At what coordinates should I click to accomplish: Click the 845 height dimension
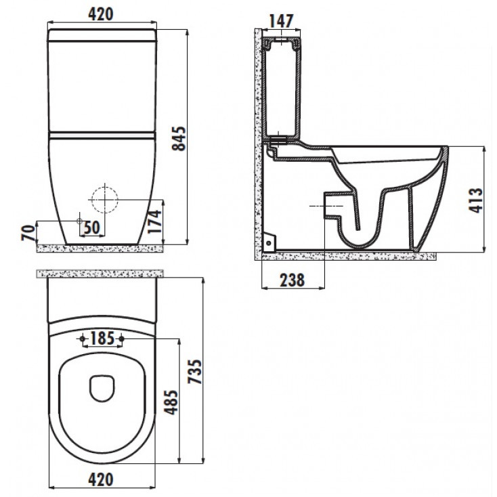[x=179, y=139]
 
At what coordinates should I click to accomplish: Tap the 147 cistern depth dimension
[x=281, y=21]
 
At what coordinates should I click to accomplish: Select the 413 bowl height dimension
[x=475, y=200]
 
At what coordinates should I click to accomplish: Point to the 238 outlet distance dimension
[x=293, y=280]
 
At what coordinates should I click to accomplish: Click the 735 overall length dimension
[x=194, y=372]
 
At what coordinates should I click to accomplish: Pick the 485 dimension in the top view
[x=171, y=402]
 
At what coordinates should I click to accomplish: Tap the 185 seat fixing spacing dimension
[x=102, y=338]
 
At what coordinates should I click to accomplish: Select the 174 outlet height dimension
[x=154, y=221]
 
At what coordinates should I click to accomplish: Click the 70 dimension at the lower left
[x=28, y=233]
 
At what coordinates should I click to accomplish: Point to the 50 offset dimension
[x=92, y=228]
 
